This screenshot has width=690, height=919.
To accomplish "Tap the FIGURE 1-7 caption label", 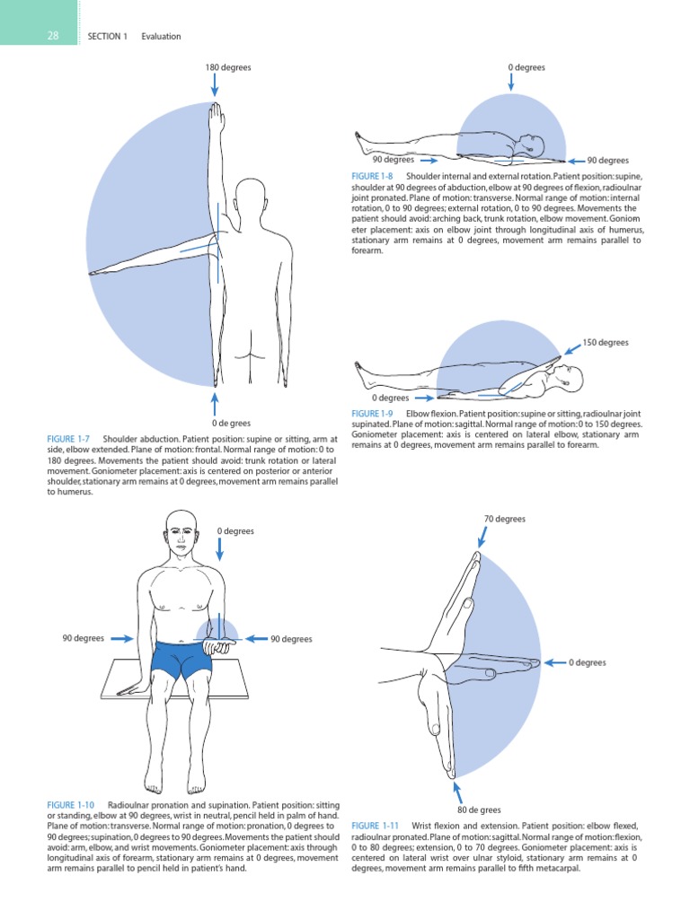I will click(x=68, y=439).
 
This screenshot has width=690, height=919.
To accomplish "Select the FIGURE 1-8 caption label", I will click(x=373, y=176).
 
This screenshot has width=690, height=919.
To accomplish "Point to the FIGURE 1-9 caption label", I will click(x=373, y=413).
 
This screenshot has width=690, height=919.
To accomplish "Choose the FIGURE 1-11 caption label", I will click(x=375, y=825).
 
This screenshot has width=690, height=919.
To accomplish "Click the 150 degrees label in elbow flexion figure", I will click(x=606, y=343).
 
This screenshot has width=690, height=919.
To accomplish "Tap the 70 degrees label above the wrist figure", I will click(x=505, y=519).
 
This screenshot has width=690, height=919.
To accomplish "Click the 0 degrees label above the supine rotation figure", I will click(x=526, y=67).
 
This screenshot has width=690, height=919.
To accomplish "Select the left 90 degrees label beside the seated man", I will click(x=84, y=638).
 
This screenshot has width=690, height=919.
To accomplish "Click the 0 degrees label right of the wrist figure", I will click(x=588, y=663).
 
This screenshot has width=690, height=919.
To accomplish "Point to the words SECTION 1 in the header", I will click(x=108, y=37).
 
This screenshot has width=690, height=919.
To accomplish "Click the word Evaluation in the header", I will click(x=162, y=37).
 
